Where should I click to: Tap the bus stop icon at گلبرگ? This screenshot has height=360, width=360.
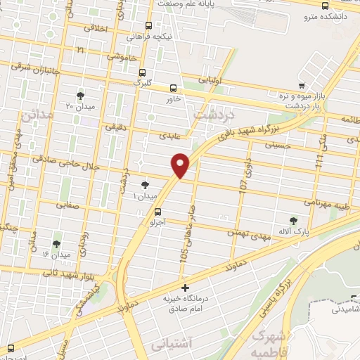(x=143, y=72)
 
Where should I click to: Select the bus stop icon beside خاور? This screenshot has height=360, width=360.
(x=174, y=88)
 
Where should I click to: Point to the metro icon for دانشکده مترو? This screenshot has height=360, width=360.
(x=324, y=6)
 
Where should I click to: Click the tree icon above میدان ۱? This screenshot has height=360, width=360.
(x=145, y=185)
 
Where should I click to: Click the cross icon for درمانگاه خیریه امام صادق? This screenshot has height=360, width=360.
(x=185, y=288)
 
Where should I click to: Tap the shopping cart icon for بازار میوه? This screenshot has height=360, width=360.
(x=302, y=85)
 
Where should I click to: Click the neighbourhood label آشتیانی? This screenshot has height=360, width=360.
(x=168, y=346)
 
